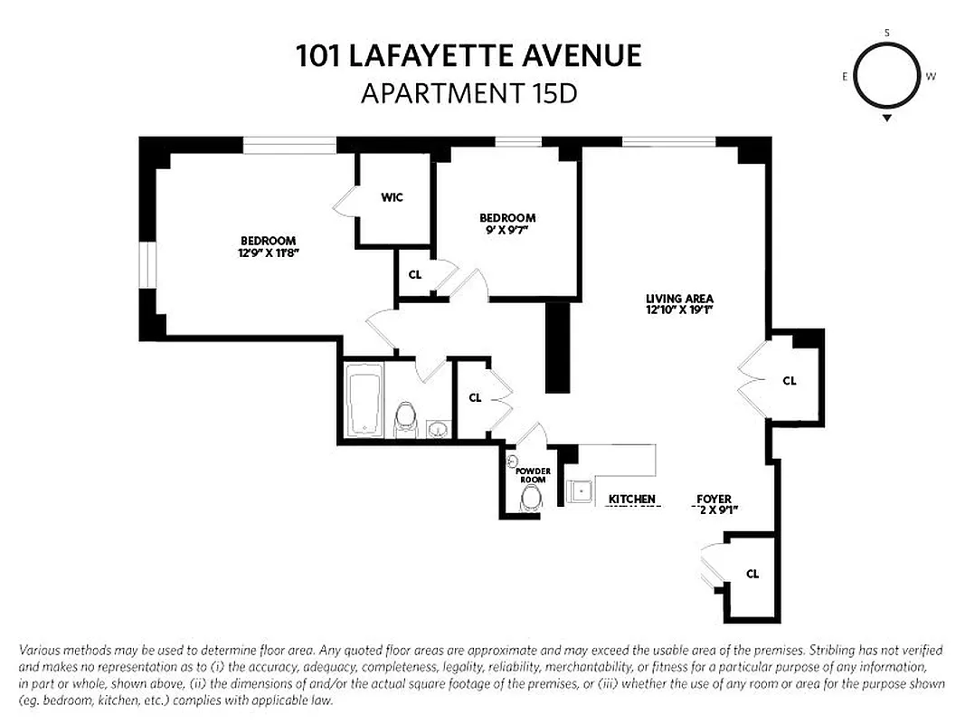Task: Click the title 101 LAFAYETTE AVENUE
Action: (x=468, y=56)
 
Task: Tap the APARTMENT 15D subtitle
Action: (x=468, y=93)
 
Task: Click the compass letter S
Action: (x=886, y=33)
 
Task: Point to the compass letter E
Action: (x=845, y=77)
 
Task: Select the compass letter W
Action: (x=931, y=77)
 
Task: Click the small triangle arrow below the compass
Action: (x=887, y=118)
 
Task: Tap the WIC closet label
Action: (x=392, y=197)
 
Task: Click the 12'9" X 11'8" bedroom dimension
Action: (x=268, y=252)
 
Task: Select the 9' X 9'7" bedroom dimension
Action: (x=506, y=230)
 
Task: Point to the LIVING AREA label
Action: (x=679, y=299)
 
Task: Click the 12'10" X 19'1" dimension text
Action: (x=679, y=310)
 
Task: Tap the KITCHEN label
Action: (x=631, y=500)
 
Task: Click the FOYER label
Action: (x=714, y=499)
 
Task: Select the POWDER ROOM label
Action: (x=533, y=476)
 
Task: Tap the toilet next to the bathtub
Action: (x=405, y=418)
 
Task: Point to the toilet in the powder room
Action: (x=532, y=497)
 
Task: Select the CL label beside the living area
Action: (x=789, y=381)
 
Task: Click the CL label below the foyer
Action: (x=752, y=574)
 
